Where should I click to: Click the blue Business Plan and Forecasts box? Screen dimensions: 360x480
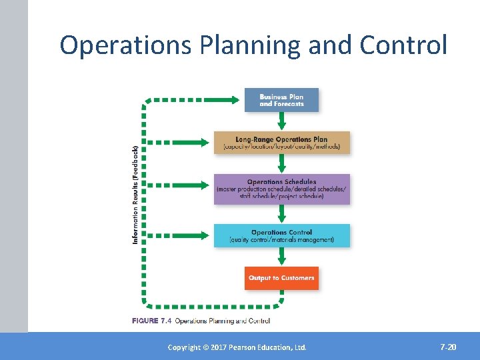click(281, 100)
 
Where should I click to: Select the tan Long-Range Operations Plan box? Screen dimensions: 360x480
click(281, 143)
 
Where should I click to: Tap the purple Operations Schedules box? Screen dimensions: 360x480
click(281, 189)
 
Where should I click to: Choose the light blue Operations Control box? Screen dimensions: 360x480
click(281, 236)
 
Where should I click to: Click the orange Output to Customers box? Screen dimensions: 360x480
click(281, 278)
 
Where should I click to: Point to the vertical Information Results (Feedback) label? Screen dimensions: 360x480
click(136, 194)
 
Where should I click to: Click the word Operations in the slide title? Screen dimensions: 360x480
click(123, 45)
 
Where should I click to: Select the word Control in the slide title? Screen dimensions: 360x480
click(403, 45)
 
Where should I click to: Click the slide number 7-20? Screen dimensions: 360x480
click(448, 347)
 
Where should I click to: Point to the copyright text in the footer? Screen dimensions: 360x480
click(237, 347)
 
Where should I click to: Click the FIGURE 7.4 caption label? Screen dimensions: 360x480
click(152, 321)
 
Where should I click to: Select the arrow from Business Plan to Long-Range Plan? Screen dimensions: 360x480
click(281, 121)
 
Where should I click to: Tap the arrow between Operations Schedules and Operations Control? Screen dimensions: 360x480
click(281, 214)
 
